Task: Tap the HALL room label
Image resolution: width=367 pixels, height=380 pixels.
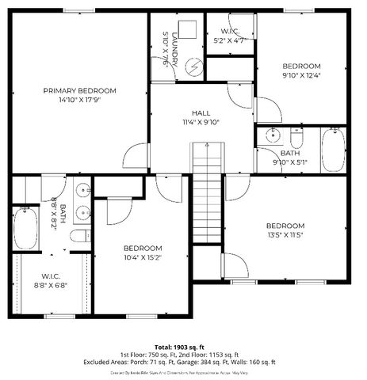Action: point(200,113)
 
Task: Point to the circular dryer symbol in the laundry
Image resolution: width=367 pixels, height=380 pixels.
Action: point(190,66)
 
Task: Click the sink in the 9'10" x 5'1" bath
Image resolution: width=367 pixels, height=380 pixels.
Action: point(273,134)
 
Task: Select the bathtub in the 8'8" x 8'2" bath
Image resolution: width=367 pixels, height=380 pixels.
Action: point(25,228)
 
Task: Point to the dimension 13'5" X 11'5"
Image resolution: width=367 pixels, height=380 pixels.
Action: point(285,235)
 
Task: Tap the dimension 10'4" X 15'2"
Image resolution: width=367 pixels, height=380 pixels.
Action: point(143,256)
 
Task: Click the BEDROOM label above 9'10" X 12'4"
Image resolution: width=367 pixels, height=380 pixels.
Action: point(301,66)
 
